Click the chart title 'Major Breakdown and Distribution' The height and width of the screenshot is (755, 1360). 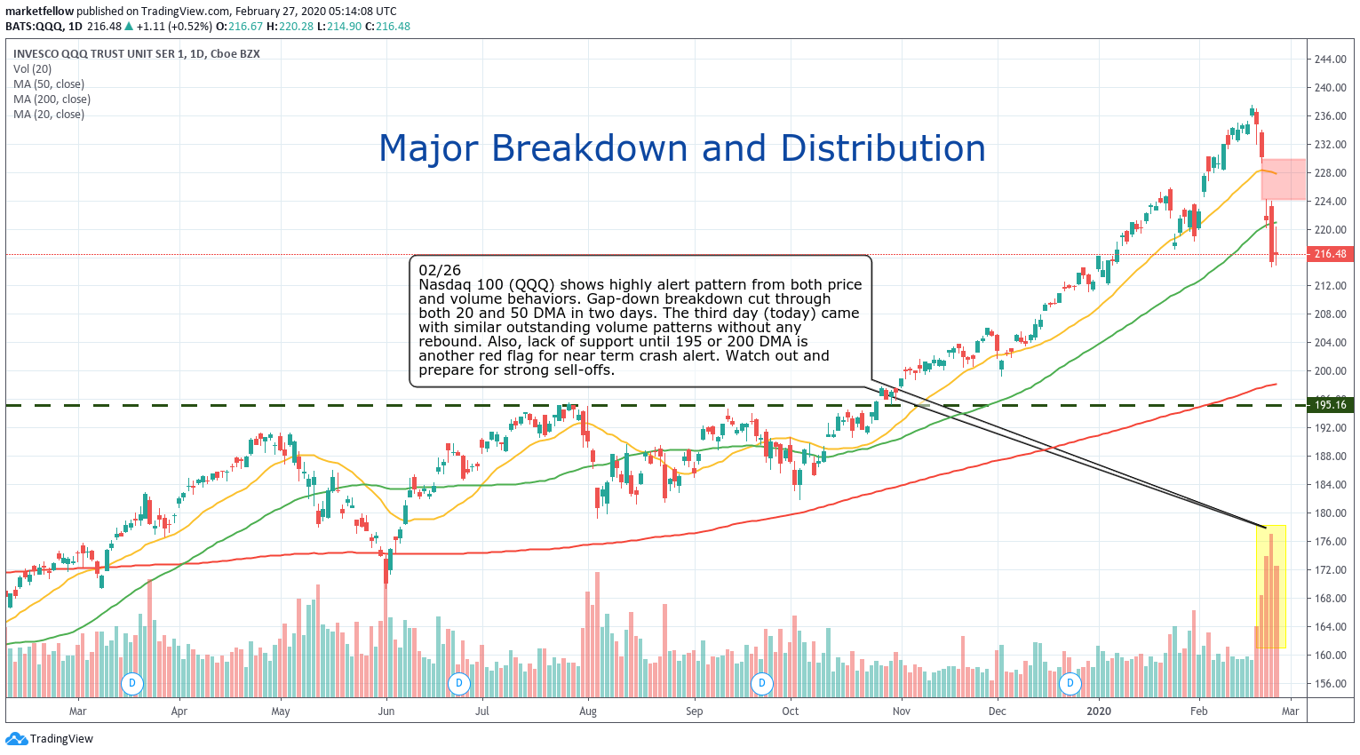tap(681, 148)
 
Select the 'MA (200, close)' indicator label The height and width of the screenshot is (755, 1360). tap(52, 99)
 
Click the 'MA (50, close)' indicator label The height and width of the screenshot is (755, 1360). tap(49, 84)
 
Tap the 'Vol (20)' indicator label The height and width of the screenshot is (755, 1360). tap(33, 69)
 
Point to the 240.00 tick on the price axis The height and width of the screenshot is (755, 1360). tap(1330, 88)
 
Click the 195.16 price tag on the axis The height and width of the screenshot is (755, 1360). tap(1330, 405)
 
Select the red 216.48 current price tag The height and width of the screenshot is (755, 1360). tap(1330, 254)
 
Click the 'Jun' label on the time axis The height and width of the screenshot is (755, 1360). tap(386, 711)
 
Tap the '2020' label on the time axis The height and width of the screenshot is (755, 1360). tap(1099, 711)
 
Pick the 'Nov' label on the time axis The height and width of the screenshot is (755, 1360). tap(902, 711)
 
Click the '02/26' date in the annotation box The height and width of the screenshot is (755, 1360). tap(440, 270)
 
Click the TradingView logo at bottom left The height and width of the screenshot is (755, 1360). tap(50, 739)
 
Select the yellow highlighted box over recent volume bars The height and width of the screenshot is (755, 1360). tap(1270, 586)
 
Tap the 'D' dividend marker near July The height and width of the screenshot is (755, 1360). tap(459, 683)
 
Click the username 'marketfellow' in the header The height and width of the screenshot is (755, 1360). tap(39, 12)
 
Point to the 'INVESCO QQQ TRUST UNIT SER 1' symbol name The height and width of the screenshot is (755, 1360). tap(99, 54)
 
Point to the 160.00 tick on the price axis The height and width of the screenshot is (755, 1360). tap(1330, 656)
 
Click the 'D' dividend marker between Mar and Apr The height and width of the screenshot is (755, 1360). tap(132, 683)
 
